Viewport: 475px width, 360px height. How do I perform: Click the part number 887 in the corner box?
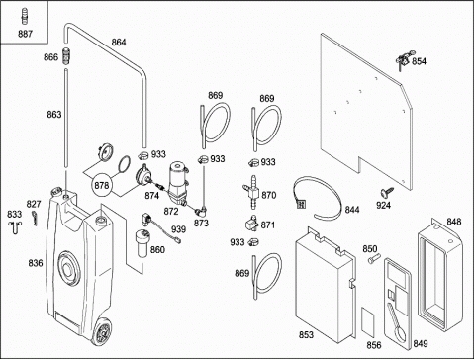(x=25, y=34)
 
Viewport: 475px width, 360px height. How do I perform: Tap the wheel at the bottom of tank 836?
(x=103, y=331)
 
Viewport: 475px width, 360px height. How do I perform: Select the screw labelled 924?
(x=386, y=192)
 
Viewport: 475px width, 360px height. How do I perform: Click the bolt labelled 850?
(x=374, y=258)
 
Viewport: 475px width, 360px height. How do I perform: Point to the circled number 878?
(x=102, y=185)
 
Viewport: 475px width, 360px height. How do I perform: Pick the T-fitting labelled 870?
(x=251, y=193)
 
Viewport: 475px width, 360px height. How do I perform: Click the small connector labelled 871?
(x=251, y=223)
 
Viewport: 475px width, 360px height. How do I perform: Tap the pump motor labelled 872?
(x=179, y=182)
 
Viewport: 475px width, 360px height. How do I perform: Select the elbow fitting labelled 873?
(x=201, y=210)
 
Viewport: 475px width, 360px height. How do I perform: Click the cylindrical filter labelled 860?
(x=142, y=244)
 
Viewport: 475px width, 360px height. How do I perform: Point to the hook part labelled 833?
(x=15, y=226)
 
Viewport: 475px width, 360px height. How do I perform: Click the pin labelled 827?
(x=35, y=218)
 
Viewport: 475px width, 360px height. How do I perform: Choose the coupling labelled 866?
(x=67, y=56)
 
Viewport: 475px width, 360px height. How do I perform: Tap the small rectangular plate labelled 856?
(x=368, y=320)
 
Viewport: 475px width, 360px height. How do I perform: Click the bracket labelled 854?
(x=403, y=60)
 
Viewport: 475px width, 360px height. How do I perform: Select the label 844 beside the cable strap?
(x=352, y=210)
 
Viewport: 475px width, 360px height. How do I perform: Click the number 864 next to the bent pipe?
(x=119, y=43)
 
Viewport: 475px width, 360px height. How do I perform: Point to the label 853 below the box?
(x=306, y=334)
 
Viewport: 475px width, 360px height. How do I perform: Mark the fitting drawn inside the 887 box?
(x=24, y=17)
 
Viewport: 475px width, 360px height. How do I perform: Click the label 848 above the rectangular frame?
(x=454, y=222)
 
